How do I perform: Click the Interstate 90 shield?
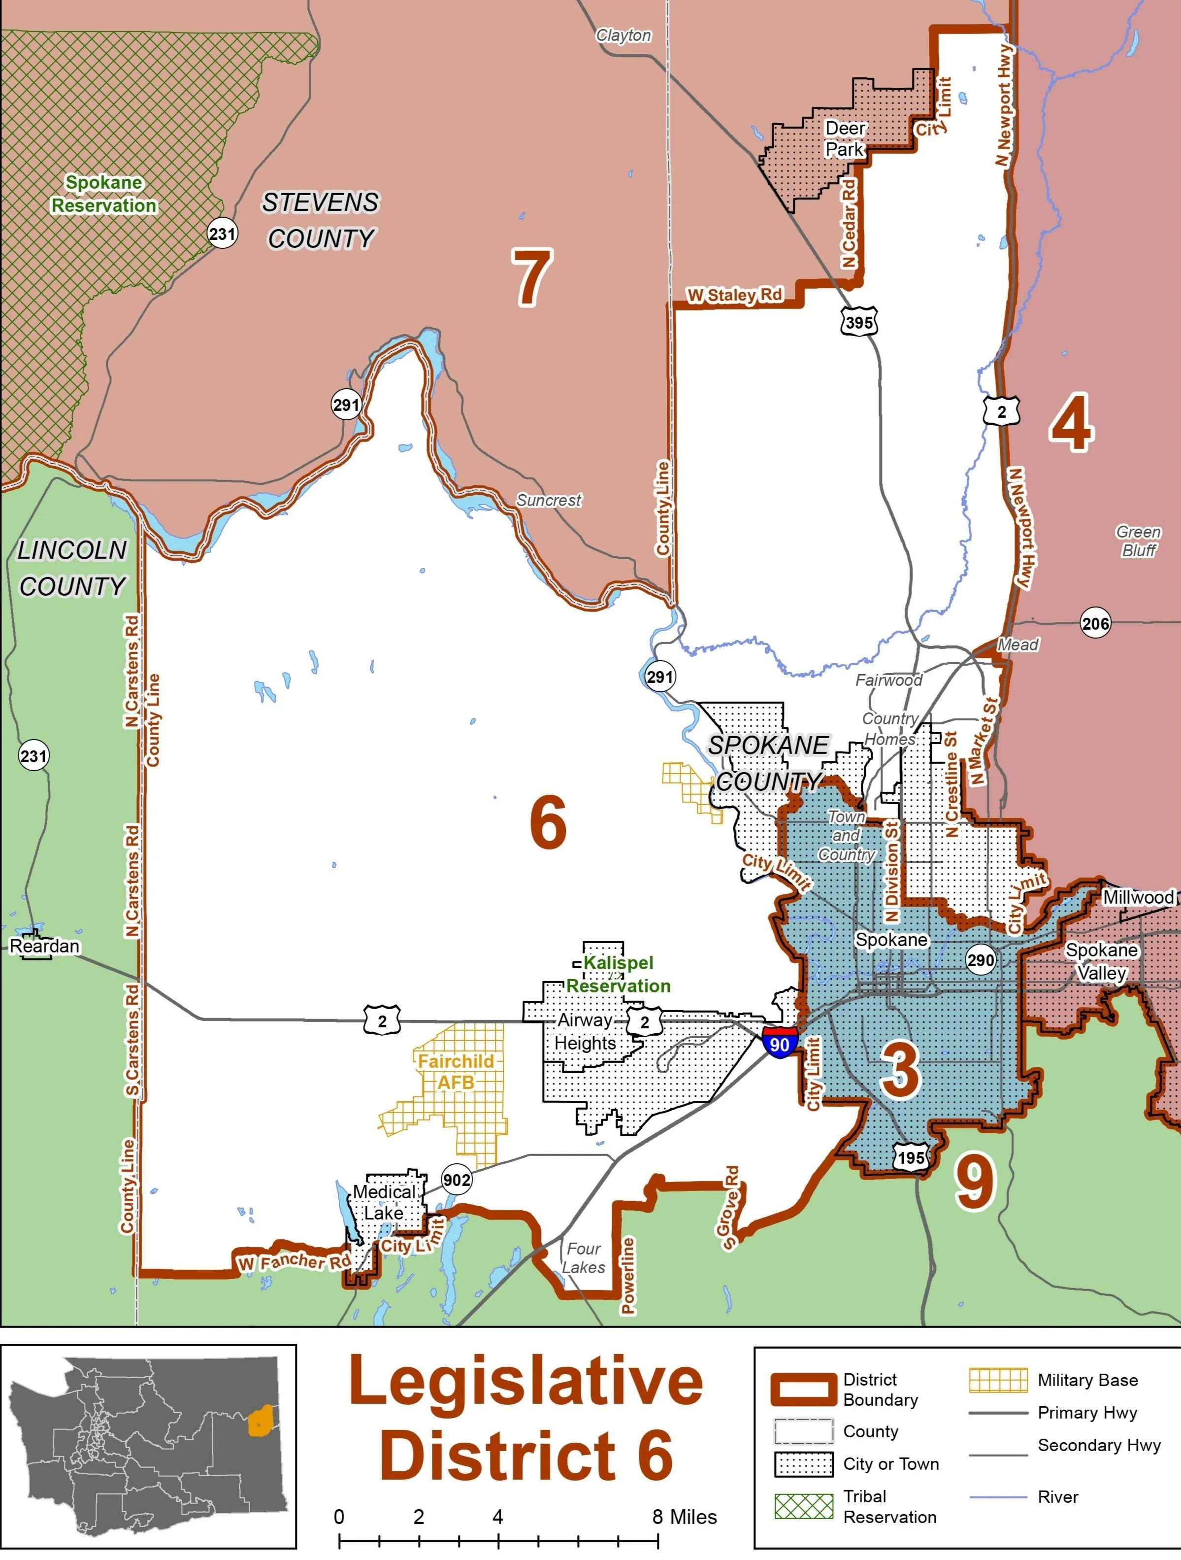[779, 1042]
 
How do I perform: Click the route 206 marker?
[1095, 623]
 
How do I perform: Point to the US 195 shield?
[911, 1157]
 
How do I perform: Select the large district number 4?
[1072, 423]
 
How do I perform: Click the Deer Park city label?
[845, 139]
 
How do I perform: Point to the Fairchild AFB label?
[456, 1071]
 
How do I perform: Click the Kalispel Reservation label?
[619, 974]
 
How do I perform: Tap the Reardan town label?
[44, 946]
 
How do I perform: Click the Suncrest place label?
[549, 500]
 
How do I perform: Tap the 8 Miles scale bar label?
[684, 1516]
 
